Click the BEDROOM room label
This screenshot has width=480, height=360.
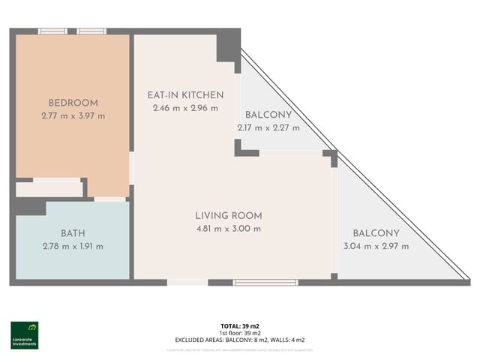point(73,103)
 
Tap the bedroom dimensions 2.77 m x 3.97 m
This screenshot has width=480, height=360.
point(73,115)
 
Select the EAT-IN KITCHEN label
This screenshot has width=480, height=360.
point(184,95)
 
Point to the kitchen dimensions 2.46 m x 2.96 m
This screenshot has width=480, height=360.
point(184,108)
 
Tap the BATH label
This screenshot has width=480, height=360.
point(73,233)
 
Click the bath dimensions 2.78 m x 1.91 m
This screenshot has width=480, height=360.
point(73,246)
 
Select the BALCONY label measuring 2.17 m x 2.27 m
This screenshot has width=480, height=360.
point(268,115)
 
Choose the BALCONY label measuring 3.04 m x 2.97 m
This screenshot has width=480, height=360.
point(376,233)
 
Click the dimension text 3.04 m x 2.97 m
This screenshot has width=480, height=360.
point(376,246)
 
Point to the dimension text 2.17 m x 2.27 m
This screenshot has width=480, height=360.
point(268,127)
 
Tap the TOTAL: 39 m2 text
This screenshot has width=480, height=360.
point(239,326)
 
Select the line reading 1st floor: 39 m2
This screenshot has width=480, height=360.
point(239,333)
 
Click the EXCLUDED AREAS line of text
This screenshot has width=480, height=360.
point(239,340)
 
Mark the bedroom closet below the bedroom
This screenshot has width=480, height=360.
point(49,189)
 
